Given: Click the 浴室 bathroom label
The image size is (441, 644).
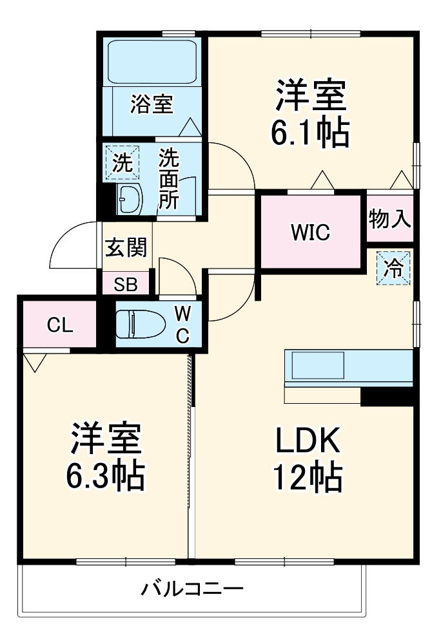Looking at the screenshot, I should point(152,104).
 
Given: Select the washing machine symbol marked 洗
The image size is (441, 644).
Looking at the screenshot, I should point(122,162).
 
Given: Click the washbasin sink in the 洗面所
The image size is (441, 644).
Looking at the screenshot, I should point(130,200).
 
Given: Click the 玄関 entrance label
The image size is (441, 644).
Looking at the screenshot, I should point(126,247).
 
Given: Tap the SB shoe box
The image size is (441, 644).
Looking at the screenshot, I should point(126,284).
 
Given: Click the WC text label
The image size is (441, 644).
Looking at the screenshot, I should point(183,325).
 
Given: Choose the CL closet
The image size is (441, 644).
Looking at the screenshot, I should point(59,325).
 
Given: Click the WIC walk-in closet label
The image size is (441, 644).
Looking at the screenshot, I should point(309,232).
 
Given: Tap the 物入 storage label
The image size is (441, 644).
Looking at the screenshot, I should point(390,220).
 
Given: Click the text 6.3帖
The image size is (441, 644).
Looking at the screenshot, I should point(105,476).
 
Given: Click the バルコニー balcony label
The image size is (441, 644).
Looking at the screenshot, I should point(193,589).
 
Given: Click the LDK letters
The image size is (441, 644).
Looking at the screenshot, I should point(308,440).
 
